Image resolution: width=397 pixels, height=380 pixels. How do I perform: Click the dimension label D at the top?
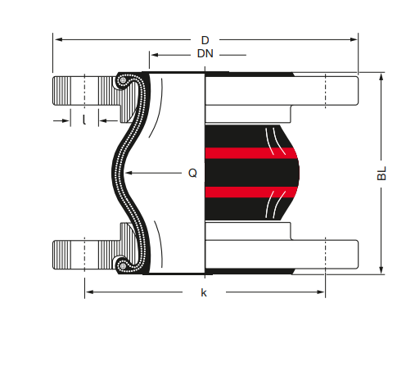[x=205, y=39]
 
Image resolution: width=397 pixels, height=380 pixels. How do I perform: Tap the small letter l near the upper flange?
[x=84, y=120]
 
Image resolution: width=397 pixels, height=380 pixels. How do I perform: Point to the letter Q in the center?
[x=192, y=173]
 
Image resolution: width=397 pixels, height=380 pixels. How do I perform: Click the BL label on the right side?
[x=381, y=174]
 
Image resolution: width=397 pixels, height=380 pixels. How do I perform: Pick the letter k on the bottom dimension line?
[x=204, y=292]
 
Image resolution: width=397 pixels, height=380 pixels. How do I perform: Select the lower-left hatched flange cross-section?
[x=82, y=254]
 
